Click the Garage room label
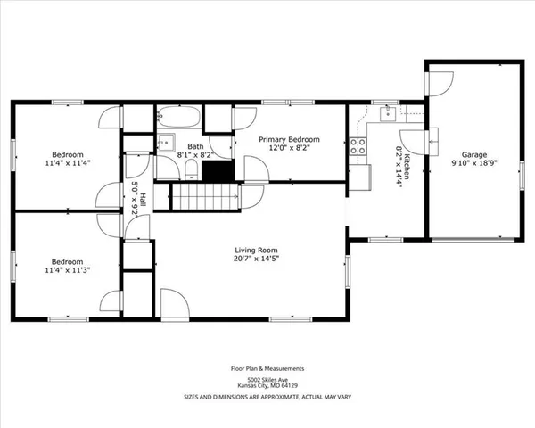pos(474,154)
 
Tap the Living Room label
pos(256,251)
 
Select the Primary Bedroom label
pos(289,139)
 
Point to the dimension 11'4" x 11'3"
pos(68,270)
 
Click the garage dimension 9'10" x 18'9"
pos(474,163)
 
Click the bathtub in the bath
pos(178,117)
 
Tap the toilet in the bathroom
pos(192,169)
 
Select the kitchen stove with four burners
pos(358,146)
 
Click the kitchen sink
pos(388,113)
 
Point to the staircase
pos(205,196)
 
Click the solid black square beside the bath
pos(218,170)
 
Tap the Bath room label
pos(195,146)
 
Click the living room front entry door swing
pos(175,302)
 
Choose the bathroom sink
pos(166,142)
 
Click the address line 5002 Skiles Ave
pos(267,380)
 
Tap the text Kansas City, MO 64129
pos(267,386)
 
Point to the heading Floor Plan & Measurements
pos(267,368)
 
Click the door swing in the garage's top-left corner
pos(440,84)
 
